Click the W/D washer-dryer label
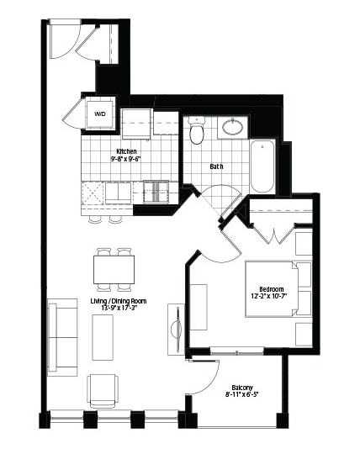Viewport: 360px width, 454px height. click(100, 113)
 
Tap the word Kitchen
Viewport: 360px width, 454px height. click(126, 151)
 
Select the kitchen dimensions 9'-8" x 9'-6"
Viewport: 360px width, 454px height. click(125, 158)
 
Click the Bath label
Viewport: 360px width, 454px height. click(216, 166)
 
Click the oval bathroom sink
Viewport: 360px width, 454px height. click(233, 127)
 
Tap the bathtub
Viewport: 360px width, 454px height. click(262, 166)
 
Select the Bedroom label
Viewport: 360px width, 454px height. click(272, 289)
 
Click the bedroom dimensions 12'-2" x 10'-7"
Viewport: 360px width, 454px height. click(271, 296)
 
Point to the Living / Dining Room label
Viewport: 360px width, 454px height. click(119, 301)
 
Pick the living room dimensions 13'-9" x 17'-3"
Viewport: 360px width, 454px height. click(119, 308)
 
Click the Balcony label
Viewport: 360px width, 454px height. click(242, 388)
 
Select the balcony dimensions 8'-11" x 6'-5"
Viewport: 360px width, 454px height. click(241, 394)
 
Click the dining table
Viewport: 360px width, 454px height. click(114, 270)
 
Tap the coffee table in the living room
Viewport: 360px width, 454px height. click(103, 337)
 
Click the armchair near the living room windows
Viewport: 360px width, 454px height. click(103, 391)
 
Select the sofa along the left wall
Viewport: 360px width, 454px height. click(62, 337)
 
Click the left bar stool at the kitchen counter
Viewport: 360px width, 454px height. click(95, 219)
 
